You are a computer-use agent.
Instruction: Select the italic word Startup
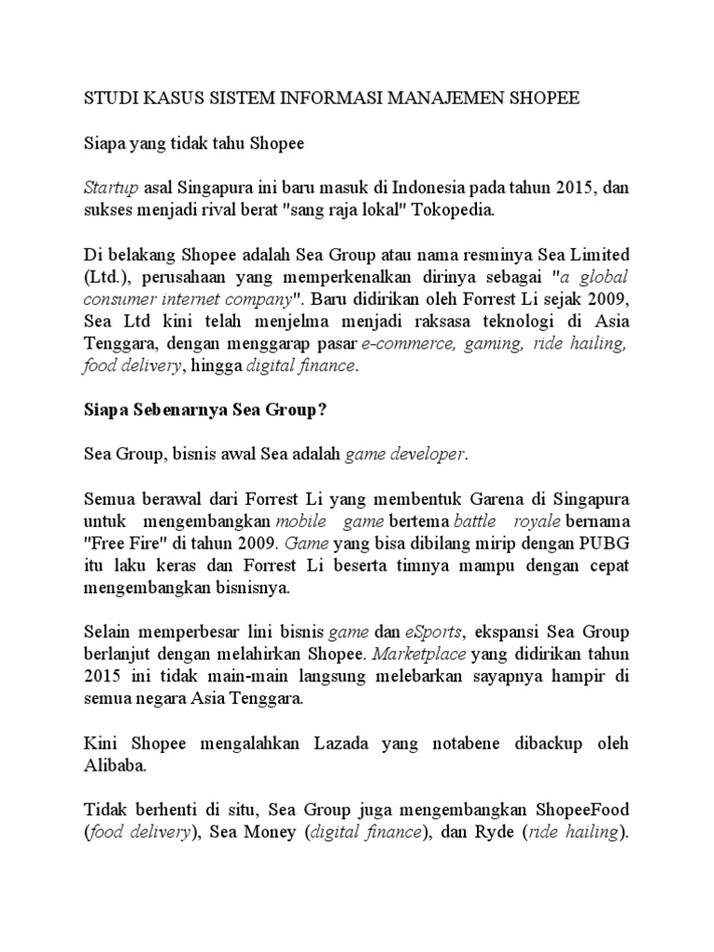coord(110,189)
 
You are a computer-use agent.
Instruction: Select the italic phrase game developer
coord(406,455)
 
